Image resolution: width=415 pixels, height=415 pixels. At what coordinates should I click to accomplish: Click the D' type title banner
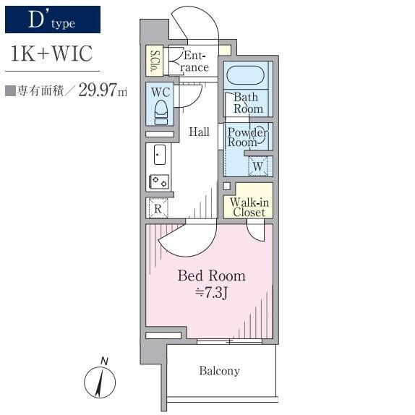click(x=53, y=20)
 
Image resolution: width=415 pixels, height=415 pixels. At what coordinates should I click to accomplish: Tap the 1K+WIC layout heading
click(x=51, y=54)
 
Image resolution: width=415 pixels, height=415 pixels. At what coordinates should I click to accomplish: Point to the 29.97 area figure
click(x=98, y=90)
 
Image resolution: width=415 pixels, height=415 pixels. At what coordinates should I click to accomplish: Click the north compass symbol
click(x=100, y=380)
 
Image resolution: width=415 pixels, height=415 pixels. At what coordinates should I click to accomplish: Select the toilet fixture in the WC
click(x=161, y=112)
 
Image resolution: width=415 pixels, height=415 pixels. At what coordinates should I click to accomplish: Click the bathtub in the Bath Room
click(x=245, y=75)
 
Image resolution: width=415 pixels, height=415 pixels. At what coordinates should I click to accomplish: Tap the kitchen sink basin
click(x=160, y=155)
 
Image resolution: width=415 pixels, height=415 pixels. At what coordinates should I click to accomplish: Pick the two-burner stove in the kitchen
click(x=159, y=181)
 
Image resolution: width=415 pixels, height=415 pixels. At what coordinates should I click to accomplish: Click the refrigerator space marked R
click(x=158, y=208)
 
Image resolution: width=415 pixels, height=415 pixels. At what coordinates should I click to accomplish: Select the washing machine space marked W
click(x=258, y=166)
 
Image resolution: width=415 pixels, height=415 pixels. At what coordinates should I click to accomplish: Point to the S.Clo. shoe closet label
click(x=154, y=61)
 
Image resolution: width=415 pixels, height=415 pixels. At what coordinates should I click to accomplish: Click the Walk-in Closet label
click(x=249, y=208)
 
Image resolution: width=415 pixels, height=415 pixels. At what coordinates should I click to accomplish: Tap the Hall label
click(x=199, y=132)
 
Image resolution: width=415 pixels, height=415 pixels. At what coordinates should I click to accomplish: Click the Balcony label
click(x=219, y=371)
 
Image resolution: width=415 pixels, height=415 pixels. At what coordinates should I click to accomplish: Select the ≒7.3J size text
click(x=211, y=293)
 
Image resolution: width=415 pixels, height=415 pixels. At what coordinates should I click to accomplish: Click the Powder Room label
click(x=248, y=137)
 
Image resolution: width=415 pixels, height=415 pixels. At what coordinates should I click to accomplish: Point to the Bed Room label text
click(x=211, y=275)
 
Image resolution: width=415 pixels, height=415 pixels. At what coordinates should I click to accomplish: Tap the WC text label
click(x=161, y=93)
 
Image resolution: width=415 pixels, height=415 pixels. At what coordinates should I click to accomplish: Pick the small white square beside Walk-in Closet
click(x=226, y=186)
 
